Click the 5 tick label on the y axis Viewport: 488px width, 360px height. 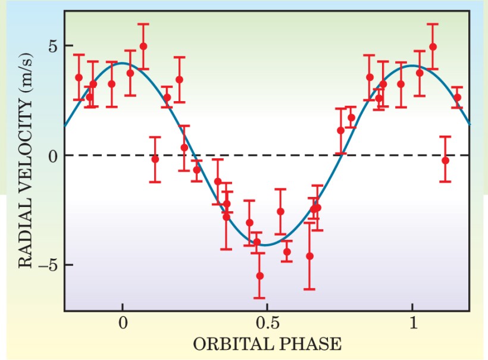pos(52,46)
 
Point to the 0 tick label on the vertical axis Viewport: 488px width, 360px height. pos(52,155)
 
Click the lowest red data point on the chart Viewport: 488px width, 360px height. pos(259,276)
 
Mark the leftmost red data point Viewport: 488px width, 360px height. pos(79,77)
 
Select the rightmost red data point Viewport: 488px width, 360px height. pos(457,97)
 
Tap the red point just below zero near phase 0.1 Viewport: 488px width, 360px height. pos(155,159)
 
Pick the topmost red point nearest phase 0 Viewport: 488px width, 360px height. pos(143,46)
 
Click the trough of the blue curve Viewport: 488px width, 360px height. pos(267,245)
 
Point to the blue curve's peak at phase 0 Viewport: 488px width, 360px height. pos(123,63)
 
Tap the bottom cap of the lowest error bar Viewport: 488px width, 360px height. pos(259,298)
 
